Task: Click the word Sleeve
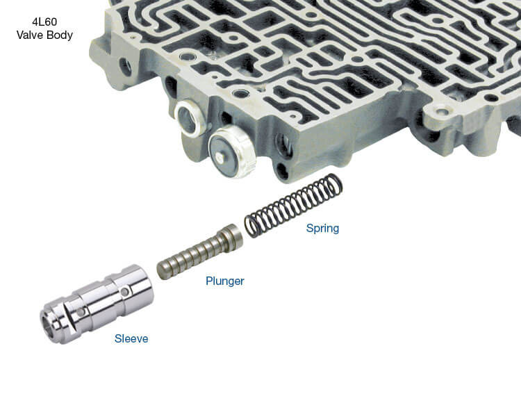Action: pos(131,338)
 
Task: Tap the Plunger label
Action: pos(225,281)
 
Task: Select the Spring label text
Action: pos(322,228)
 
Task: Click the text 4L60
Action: pos(44,22)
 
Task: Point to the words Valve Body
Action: pos(44,35)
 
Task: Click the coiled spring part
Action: pos(293,205)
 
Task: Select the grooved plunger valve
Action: pos(199,252)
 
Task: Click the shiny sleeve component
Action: pos(97,304)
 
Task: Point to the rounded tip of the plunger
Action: pos(161,270)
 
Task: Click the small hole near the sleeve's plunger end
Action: pos(124,292)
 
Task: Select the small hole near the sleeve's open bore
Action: pos(81,312)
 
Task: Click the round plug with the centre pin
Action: pos(232,151)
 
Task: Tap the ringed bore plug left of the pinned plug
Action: pos(189,118)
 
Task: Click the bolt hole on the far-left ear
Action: pos(126,67)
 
